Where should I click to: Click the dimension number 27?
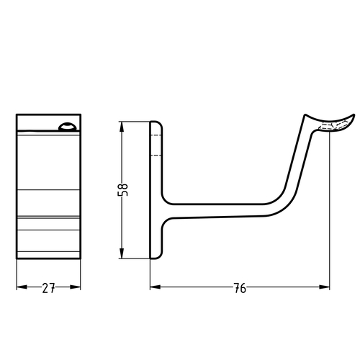click(x=48, y=289)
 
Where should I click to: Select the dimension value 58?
click(x=124, y=190)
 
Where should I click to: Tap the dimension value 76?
click(x=240, y=289)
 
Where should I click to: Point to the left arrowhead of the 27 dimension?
click(x=20, y=287)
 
